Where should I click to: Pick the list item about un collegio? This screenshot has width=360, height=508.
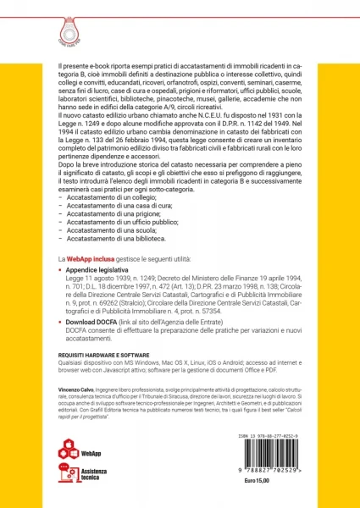[114, 196]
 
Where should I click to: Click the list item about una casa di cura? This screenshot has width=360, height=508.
[120, 205]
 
